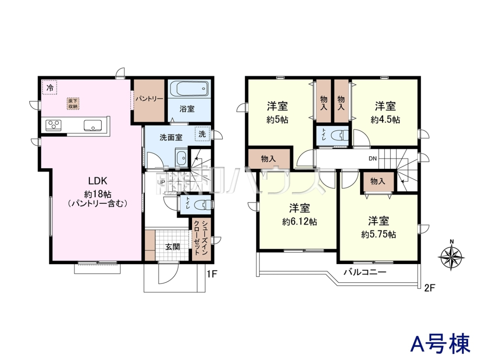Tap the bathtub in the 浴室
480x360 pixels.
click(x=189, y=88)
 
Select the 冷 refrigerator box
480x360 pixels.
click(x=50, y=87)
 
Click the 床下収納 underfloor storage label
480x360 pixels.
click(x=73, y=104)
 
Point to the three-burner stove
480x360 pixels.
click(x=53, y=126)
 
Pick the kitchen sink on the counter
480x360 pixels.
click(x=93, y=125)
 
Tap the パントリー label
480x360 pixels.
click(x=149, y=99)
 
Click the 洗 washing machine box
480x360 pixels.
click(x=202, y=134)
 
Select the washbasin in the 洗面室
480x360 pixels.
click(x=181, y=157)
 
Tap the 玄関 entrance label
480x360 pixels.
click(x=172, y=247)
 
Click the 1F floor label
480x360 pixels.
click(x=212, y=274)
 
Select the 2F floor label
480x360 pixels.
click(x=429, y=288)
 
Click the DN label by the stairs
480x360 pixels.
click(x=373, y=158)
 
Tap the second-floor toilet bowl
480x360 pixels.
click(x=339, y=135)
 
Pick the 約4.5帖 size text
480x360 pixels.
click(x=385, y=120)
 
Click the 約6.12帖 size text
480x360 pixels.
click(x=299, y=222)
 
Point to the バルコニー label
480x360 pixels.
click(x=365, y=272)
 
